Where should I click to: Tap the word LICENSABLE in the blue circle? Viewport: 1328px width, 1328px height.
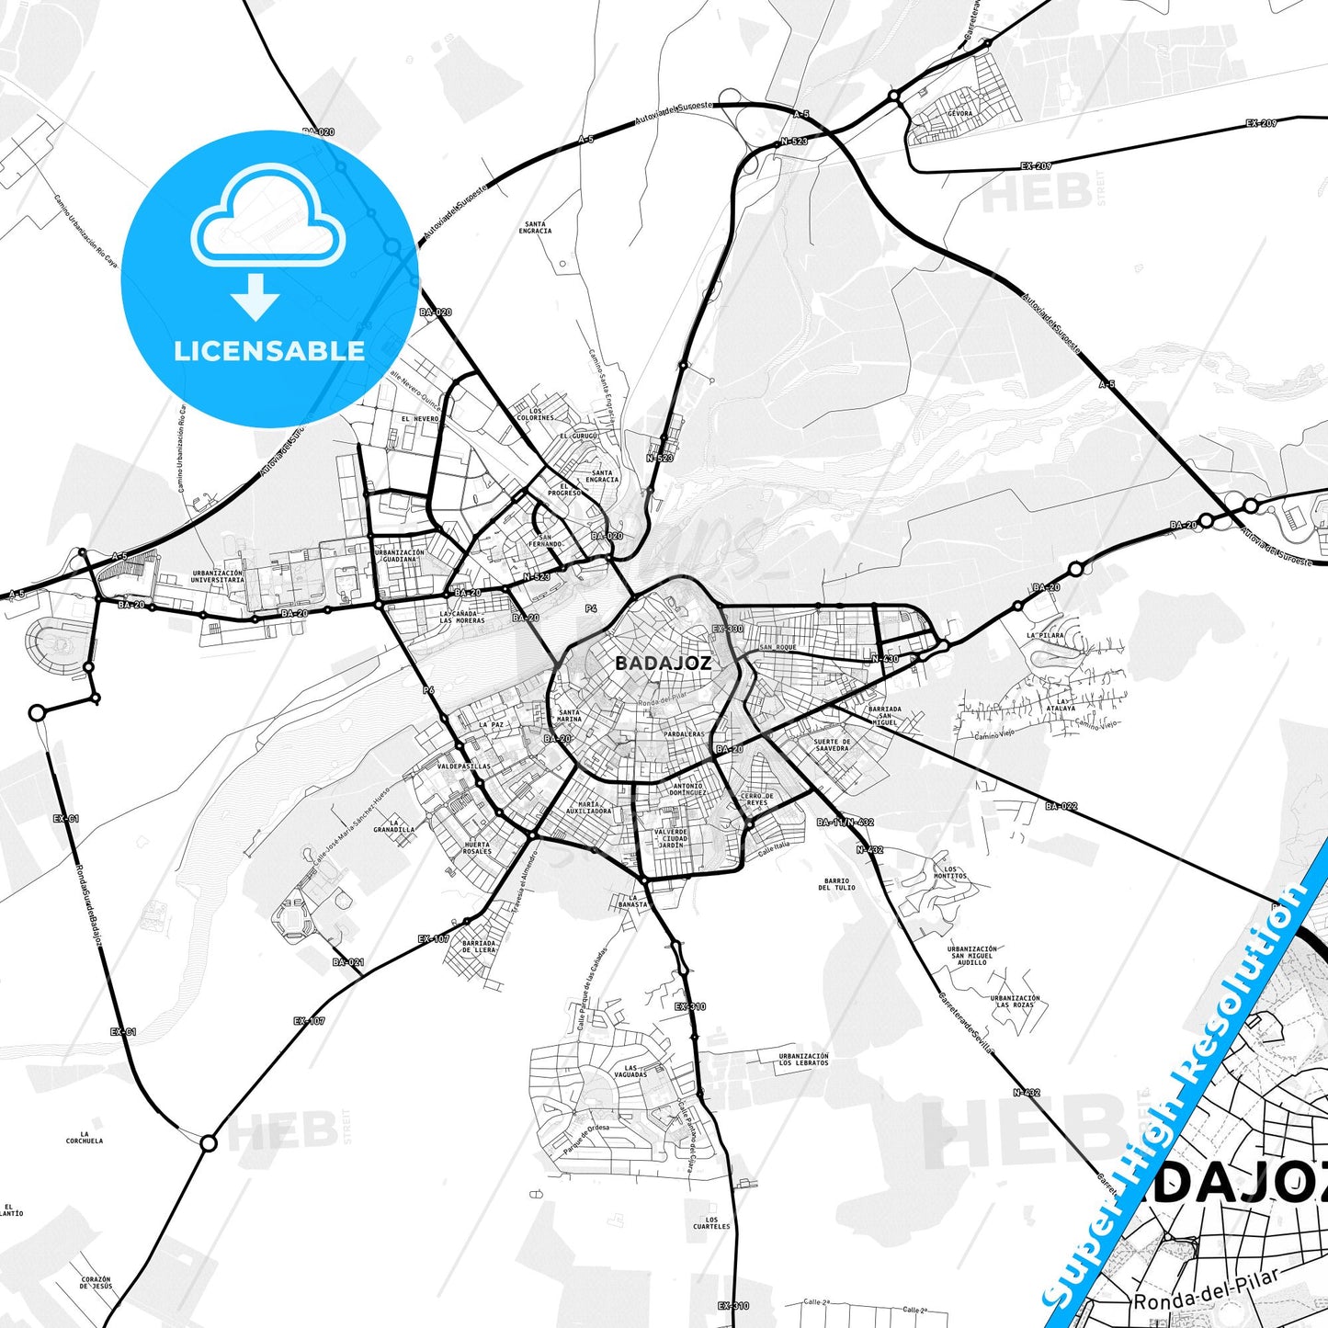(269, 351)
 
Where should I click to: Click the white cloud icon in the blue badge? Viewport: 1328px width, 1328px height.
(267, 219)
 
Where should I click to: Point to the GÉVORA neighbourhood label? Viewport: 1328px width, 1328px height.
(959, 114)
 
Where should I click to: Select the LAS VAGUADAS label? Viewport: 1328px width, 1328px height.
(630, 1072)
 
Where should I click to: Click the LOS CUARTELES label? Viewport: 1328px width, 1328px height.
(711, 1222)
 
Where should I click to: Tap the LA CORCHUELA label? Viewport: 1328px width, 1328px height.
(85, 1138)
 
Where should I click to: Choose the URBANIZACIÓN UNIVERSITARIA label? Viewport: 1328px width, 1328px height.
(218, 576)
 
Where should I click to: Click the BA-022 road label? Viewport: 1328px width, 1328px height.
(1061, 807)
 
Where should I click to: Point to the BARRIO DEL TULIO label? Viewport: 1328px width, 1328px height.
(836, 884)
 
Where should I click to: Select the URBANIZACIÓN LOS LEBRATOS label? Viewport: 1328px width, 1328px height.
(804, 1060)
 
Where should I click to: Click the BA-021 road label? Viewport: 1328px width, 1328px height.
(348, 962)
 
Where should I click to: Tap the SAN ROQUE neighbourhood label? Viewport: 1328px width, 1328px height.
(778, 647)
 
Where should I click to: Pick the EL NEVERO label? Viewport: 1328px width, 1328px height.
(420, 419)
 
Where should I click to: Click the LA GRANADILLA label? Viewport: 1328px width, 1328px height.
(393, 825)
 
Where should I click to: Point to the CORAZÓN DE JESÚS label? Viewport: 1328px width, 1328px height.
(96, 1282)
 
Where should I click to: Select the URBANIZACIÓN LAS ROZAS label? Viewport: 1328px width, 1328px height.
(1015, 1001)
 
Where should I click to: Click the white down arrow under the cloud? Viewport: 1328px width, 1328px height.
(255, 296)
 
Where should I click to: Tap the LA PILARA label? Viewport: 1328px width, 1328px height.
(1045, 635)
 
